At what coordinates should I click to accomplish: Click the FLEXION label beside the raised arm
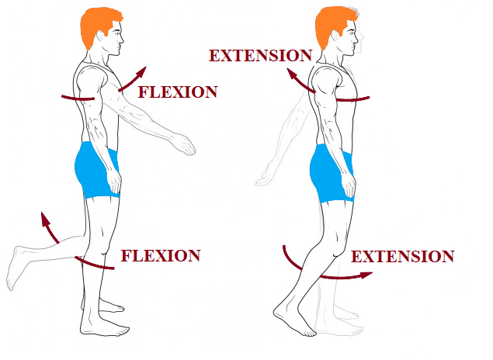(178, 92)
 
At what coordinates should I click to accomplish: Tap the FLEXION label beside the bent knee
(161, 256)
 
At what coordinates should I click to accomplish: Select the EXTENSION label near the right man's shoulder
(260, 56)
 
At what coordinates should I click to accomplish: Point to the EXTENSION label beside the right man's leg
(402, 256)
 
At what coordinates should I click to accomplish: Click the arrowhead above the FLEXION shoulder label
(141, 71)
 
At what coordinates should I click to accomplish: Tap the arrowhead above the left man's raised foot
(45, 219)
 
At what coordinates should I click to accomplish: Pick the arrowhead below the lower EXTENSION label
(366, 275)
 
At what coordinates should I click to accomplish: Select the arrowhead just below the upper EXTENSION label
(292, 74)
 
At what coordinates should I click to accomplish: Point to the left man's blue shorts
(97, 171)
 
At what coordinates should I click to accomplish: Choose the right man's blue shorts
(332, 173)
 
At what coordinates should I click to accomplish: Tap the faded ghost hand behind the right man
(264, 178)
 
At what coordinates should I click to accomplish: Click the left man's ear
(101, 36)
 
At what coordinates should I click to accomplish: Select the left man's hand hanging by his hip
(114, 182)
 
